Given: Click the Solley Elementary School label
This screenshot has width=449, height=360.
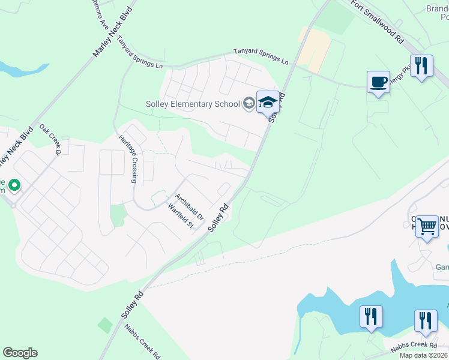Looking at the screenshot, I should (x=193, y=104).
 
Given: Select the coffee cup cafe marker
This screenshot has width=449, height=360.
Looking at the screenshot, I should (x=378, y=83).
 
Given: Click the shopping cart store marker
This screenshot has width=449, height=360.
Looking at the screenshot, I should (x=427, y=227).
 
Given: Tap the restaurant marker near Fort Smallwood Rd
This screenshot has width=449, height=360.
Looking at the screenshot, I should (x=421, y=67).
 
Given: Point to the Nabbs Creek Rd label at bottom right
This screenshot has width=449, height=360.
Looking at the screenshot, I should (x=414, y=346).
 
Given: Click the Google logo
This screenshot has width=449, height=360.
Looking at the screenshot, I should (x=20, y=353).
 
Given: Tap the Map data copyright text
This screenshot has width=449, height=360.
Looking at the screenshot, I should (x=424, y=355).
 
